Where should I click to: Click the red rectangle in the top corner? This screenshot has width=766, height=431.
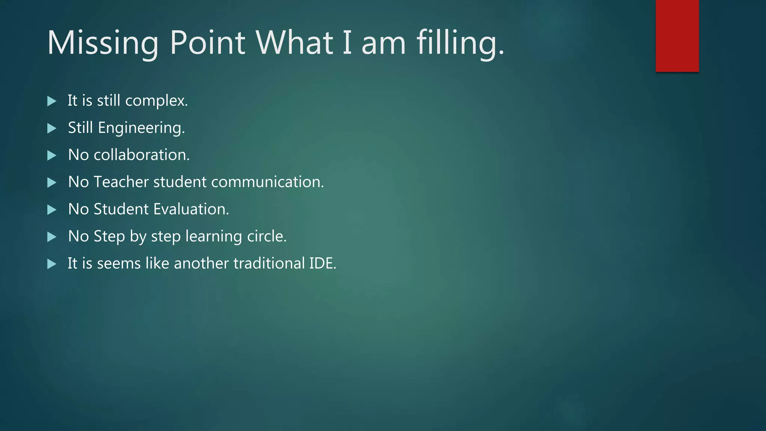tap(677, 36)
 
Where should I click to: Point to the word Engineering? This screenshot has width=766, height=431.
tap(141, 128)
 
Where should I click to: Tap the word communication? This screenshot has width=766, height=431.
tap(267, 182)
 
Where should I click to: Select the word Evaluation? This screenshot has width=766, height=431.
tap(191, 209)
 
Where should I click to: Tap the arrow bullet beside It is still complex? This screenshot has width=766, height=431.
tap(52, 101)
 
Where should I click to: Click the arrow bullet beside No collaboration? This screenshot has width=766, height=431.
tap(52, 155)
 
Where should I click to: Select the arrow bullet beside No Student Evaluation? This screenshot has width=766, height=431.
tap(52, 210)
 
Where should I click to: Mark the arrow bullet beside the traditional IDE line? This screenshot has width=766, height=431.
tap(52, 264)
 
